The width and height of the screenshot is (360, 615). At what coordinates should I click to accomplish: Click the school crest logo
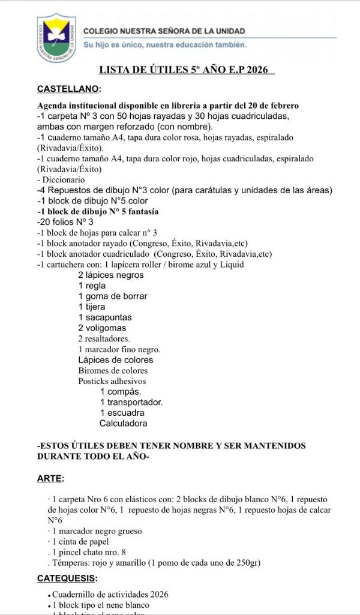click(56, 37)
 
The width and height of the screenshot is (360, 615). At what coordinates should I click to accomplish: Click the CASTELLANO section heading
click(69, 89)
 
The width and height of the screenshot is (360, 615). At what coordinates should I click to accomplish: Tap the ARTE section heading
click(50, 478)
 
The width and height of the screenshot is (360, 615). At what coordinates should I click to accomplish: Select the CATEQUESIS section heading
click(67, 578)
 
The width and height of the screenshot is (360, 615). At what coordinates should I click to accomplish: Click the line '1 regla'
click(92, 286)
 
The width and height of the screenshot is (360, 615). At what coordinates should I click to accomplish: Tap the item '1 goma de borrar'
click(112, 296)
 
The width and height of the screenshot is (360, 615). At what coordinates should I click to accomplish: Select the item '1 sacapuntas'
click(104, 317)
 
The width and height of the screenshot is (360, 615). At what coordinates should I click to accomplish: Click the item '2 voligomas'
click(102, 328)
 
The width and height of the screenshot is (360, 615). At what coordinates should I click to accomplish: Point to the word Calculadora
click(123, 423)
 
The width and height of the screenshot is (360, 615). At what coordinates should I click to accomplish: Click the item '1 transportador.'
click(131, 402)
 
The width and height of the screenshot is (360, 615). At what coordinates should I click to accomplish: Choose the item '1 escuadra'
click(122, 413)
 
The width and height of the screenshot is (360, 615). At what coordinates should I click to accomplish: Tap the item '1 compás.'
click(121, 392)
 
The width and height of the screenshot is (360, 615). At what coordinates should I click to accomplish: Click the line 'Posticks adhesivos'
click(112, 381)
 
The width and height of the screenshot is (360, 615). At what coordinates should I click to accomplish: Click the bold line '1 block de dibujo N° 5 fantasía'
click(98, 212)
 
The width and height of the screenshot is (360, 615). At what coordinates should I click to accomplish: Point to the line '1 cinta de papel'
click(80, 541)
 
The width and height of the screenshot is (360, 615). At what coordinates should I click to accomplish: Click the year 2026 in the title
click(258, 70)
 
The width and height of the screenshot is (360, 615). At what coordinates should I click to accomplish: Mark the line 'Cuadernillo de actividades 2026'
click(110, 594)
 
